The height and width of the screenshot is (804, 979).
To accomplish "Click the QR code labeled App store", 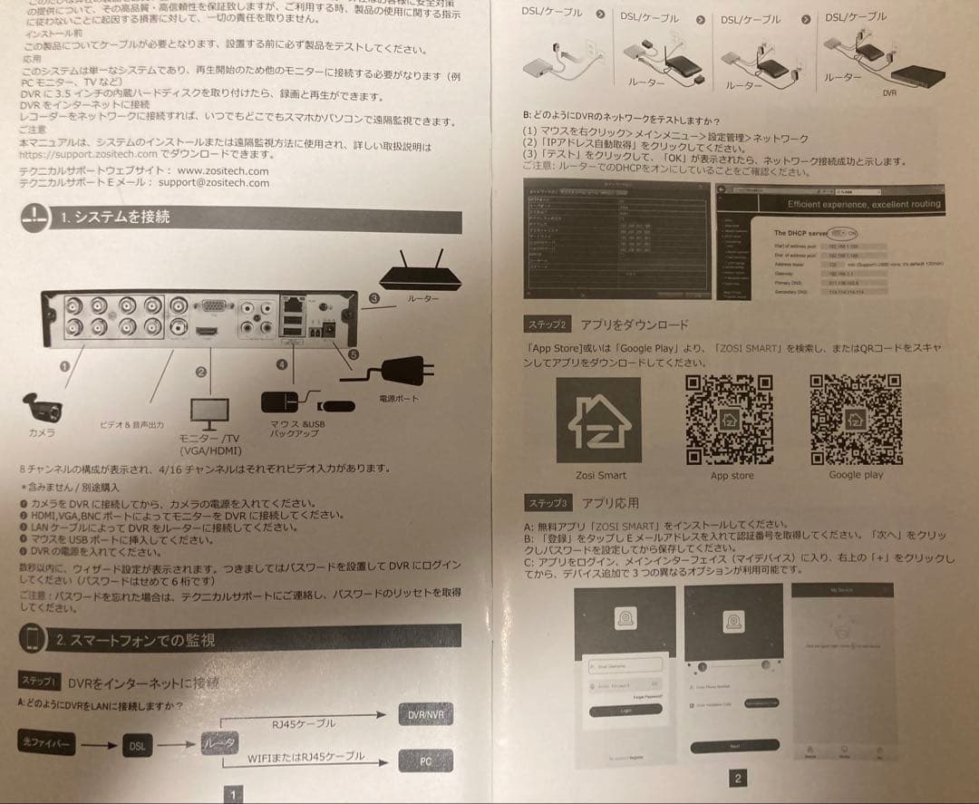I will pos(731,419).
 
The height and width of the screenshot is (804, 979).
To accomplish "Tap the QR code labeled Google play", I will pos(855,419).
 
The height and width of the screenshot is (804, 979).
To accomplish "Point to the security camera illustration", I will pos(44,405).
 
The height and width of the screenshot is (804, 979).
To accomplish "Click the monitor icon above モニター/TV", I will pos(208,413).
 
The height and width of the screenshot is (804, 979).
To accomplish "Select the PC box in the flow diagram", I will pos(425,761).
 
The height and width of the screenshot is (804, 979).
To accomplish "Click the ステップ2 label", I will pos(548,325).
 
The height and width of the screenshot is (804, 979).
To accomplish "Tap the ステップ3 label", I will pos(548,503).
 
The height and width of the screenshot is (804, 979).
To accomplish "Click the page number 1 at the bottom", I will pos(233,794).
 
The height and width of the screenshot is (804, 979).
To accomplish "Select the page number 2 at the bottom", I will pos(737,778).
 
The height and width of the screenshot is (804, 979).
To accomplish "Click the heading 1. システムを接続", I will pos(114,218).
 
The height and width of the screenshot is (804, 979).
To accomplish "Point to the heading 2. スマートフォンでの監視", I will pos(134,640).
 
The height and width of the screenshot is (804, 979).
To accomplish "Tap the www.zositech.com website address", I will pos(223,170).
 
